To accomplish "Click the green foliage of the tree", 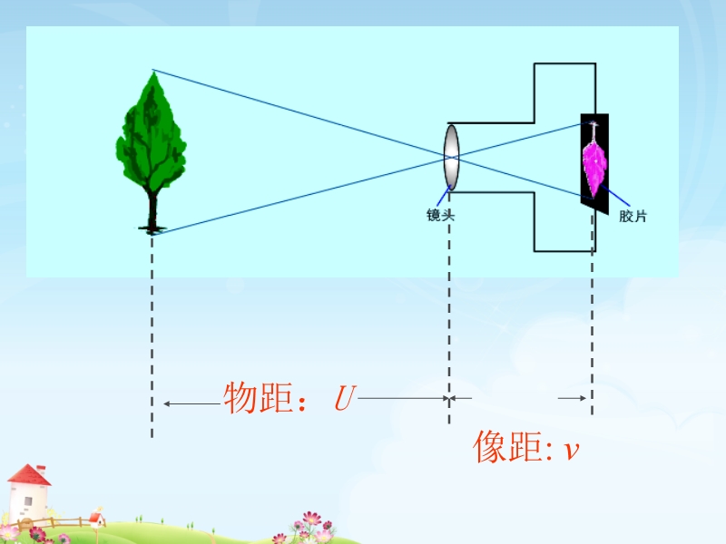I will click(152, 136).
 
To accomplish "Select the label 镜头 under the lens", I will click(440, 215).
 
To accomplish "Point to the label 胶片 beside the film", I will click(633, 217).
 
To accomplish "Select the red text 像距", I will click(506, 447).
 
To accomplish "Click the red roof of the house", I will click(30, 474).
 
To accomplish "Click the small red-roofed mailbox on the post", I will click(94, 518).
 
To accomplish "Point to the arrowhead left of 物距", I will click(167, 402).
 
